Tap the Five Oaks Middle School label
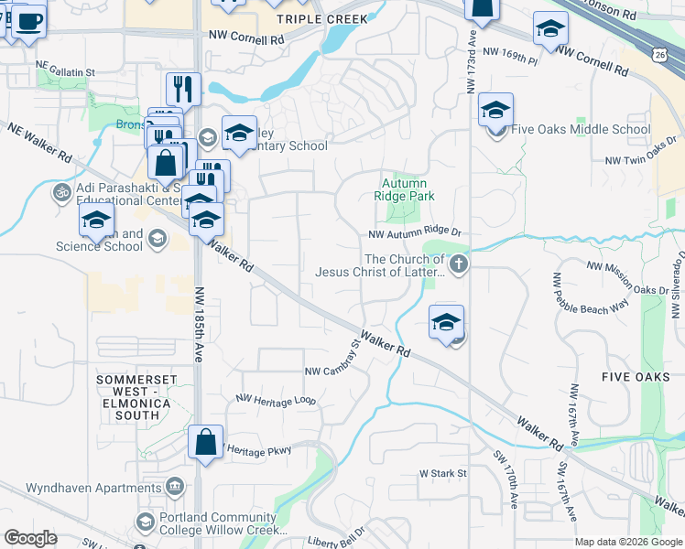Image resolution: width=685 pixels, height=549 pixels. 581,129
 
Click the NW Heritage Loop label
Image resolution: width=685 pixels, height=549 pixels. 275,400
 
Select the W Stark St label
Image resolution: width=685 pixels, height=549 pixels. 443,473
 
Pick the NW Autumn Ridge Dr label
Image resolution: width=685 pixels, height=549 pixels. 415,234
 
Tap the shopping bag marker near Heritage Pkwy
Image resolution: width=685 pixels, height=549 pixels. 206,442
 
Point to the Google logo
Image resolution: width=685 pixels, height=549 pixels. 31,538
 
